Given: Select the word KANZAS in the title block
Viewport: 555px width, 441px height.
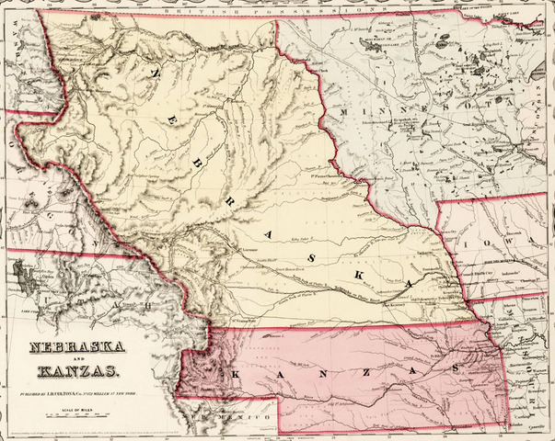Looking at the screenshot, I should pyautogui.click(x=77, y=372).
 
